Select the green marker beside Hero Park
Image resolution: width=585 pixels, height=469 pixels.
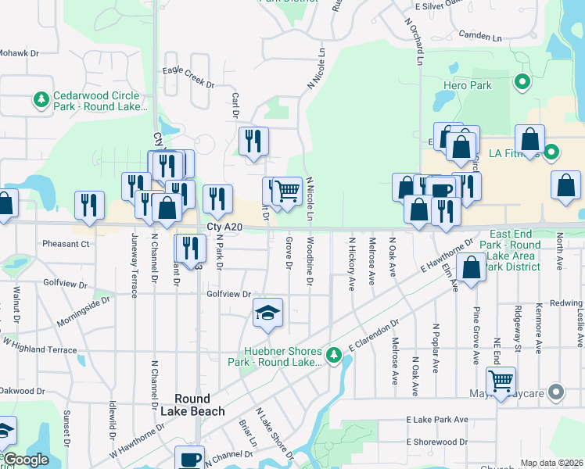point(521,81)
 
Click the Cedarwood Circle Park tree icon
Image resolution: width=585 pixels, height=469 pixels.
point(41,100)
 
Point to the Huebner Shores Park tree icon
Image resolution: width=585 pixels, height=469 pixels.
point(334,356)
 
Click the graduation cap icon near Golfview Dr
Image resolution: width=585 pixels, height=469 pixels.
point(267,313)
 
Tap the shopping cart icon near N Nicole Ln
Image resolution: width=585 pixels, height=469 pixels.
point(288,190)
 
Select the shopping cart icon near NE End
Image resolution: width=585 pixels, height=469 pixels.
point(501,381)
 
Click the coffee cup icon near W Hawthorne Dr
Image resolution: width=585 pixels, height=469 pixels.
point(188,459)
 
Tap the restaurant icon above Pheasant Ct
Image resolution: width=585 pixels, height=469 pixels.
point(89,205)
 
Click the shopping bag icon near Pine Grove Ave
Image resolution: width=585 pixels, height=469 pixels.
point(472,267)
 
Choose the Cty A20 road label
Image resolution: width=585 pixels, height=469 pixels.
point(222,227)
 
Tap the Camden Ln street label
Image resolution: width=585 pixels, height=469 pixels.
point(479,36)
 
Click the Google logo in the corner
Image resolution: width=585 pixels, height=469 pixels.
point(26,460)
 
